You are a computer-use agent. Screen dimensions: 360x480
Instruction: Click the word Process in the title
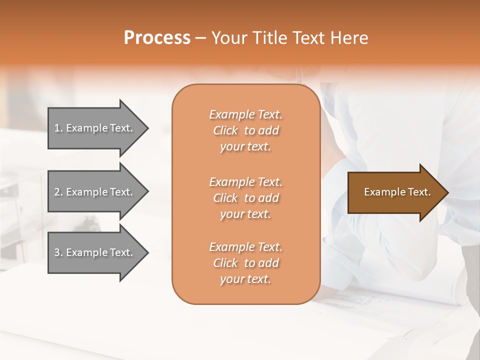[x=157, y=38]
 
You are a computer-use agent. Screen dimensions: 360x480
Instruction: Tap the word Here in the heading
[x=349, y=38]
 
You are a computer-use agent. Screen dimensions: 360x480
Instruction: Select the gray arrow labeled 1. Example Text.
[x=95, y=128]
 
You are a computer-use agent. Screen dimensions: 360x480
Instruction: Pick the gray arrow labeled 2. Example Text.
[x=95, y=192]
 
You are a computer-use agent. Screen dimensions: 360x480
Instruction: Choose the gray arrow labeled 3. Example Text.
[x=95, y=253]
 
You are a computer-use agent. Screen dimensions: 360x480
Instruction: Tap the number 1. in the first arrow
[x=58, y=128]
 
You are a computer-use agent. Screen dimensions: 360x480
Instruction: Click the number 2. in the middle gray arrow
[x=58, y=192]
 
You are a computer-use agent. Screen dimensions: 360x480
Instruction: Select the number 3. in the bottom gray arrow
[x=58, y=253]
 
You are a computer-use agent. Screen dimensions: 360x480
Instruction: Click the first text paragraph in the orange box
[x=245, y=130]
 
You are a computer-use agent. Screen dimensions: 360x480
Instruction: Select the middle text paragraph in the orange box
[x=245, y=198]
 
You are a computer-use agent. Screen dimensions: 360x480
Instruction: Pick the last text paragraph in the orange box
[x=245, y=263]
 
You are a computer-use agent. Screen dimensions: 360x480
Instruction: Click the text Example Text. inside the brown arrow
[x=397, y=192]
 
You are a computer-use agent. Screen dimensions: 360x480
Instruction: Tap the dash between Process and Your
[x=201, y=38]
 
